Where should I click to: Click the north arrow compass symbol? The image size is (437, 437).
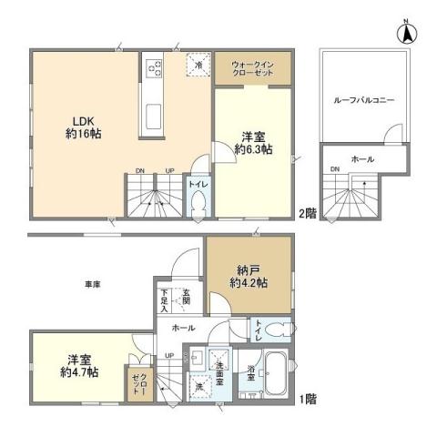[405, 33]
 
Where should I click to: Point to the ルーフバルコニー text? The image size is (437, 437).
[363, 100]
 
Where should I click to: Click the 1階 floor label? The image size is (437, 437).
[308, 398]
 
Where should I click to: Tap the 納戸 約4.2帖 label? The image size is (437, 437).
[247, 275]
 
